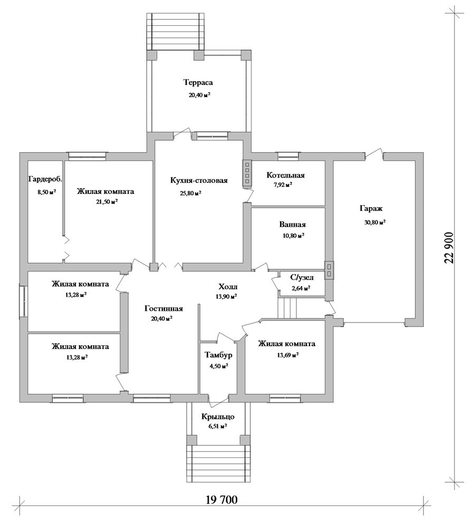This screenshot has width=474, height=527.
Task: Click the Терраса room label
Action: [x=198, y=83]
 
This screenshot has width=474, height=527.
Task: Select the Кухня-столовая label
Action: [x=199, y=180]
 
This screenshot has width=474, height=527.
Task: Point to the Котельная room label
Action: [x=285, y=175]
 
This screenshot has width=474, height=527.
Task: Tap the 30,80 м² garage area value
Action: [x=374, y=222]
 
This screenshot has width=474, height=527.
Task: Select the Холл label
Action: [x=228, y=287]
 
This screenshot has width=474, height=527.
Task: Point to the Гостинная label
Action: [x=163, y=308]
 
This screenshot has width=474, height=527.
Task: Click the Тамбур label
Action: [x=218, y=355]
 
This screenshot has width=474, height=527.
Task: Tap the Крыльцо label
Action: [x=218, y=417]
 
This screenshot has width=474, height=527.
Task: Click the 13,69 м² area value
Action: [x=288, y=355]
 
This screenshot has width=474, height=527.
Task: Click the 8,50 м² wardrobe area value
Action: [x=46, y=192]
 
